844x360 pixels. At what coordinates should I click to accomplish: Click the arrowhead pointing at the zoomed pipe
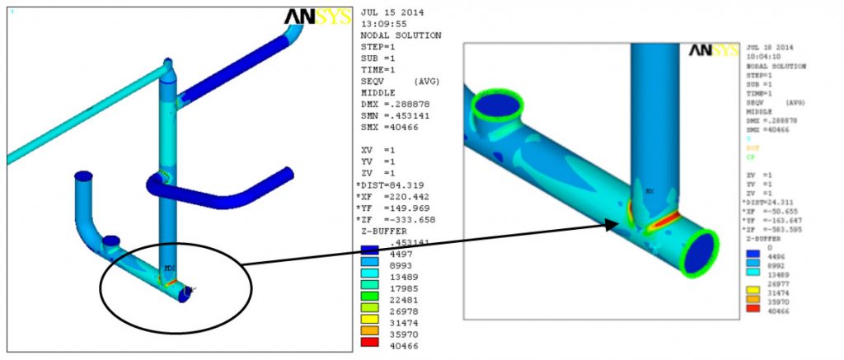(611, 224)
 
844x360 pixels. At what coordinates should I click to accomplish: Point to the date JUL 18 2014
(766, 49)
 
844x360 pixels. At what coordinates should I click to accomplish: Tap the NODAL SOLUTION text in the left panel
(401, 35)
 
